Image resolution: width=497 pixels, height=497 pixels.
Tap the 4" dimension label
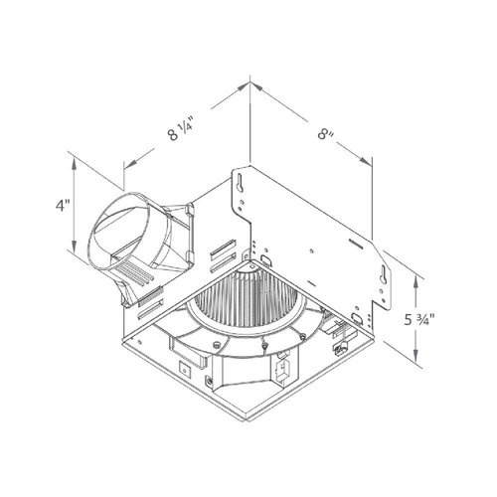tap(64, 207)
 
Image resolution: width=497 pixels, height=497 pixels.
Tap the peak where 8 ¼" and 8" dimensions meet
tap(248, 89)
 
